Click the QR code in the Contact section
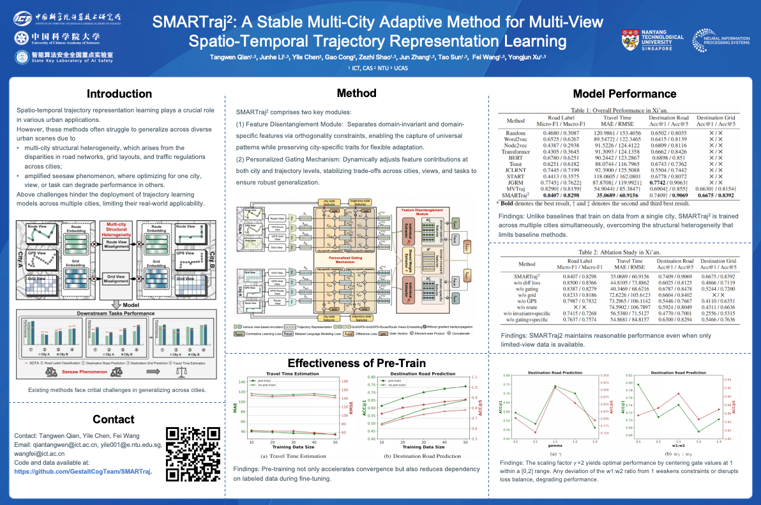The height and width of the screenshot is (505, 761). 190,453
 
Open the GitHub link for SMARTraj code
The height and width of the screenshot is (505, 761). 83,471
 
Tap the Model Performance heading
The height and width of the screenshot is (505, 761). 624,94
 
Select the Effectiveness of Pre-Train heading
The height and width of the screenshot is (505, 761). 356,363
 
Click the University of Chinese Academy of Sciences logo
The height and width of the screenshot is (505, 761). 57,38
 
